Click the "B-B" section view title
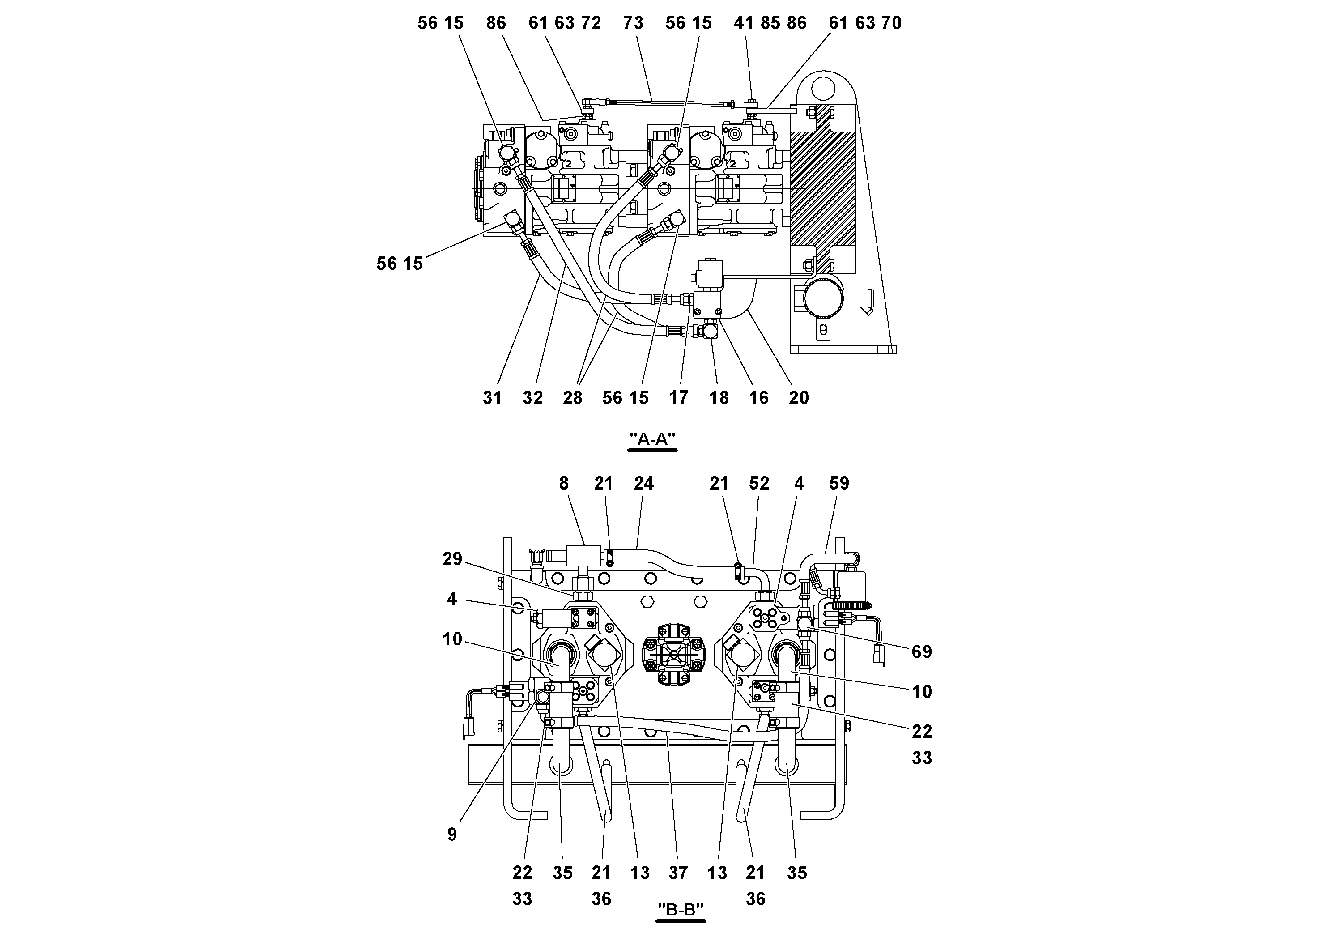681,909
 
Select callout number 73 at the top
633,23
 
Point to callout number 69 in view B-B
921,651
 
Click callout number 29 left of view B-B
452,559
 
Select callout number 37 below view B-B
677,873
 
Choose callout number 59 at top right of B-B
839,483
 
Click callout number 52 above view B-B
759,483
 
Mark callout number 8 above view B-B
563,483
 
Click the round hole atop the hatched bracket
823,89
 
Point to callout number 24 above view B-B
643,483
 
